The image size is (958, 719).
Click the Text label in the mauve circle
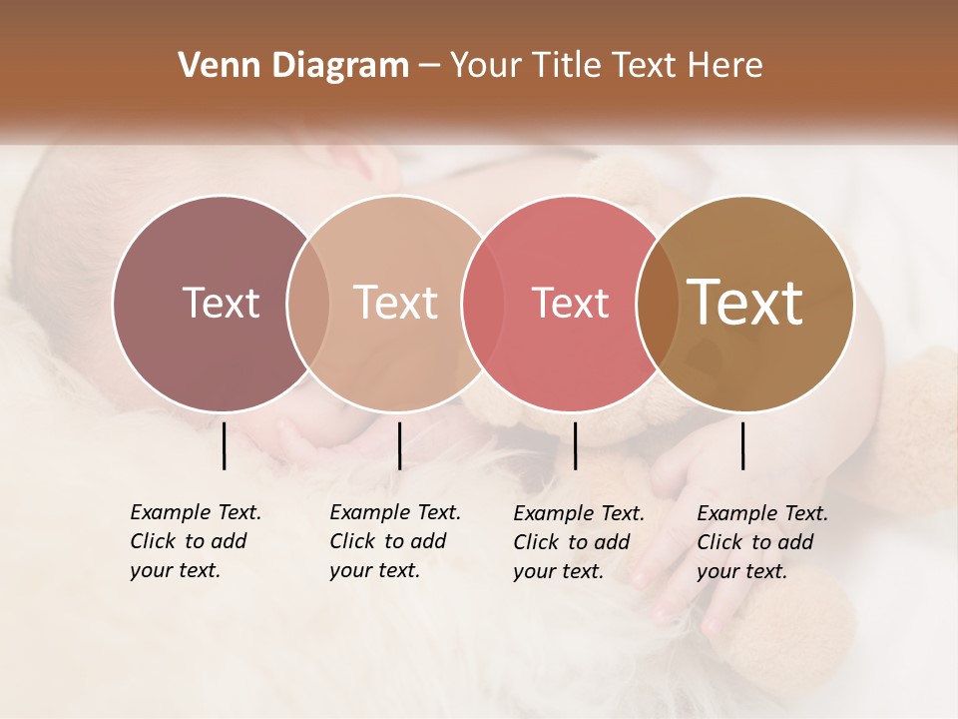pos(221,303)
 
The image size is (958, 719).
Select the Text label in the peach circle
pos(395,303)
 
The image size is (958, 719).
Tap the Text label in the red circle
pos(570,303)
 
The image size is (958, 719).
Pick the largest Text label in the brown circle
pos(745,302)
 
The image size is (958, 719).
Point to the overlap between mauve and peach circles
pos(308,303)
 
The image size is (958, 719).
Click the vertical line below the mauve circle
pos(224,445)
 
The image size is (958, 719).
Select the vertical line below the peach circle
pos(399,445)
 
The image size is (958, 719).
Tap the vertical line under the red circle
pos(575,445)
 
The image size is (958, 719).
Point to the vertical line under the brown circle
pos(742,445)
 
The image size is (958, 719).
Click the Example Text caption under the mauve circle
pos(195,541)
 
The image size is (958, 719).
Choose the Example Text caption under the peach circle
pos(394,541)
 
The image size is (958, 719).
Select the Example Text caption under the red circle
pos(578,542)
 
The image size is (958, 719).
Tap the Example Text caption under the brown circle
pos(761,542)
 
